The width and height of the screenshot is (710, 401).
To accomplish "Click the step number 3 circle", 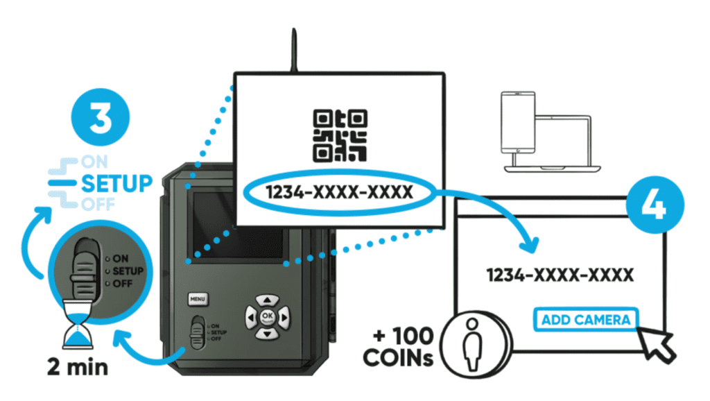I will [101, 119].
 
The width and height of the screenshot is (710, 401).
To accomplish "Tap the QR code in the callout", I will [340, 135].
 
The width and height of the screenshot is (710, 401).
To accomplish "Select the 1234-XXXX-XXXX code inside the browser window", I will [560, 275].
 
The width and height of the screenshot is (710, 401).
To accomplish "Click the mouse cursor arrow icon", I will [657, 342].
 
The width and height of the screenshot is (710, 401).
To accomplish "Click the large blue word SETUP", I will [117, 185].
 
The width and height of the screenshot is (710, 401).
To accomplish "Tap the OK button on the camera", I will [268, 316].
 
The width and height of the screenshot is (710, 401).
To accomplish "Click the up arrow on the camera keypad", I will [268, 300].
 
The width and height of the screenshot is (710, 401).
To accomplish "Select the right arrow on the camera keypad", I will [284, 317].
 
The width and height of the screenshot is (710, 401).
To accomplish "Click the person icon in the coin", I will [472, 341].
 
